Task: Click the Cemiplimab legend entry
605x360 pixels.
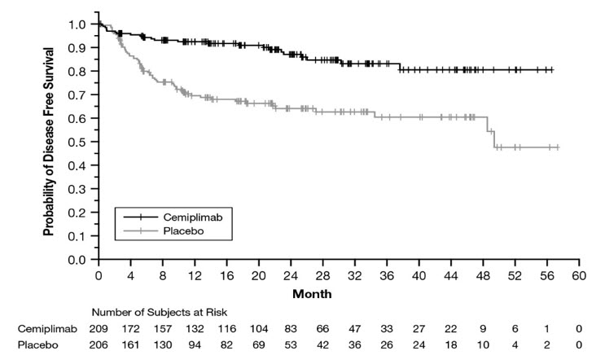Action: [186, 217]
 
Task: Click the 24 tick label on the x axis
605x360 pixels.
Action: [291, 274]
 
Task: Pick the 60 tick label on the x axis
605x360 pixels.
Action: [579, 274]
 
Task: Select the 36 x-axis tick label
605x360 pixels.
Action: [387, 274]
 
